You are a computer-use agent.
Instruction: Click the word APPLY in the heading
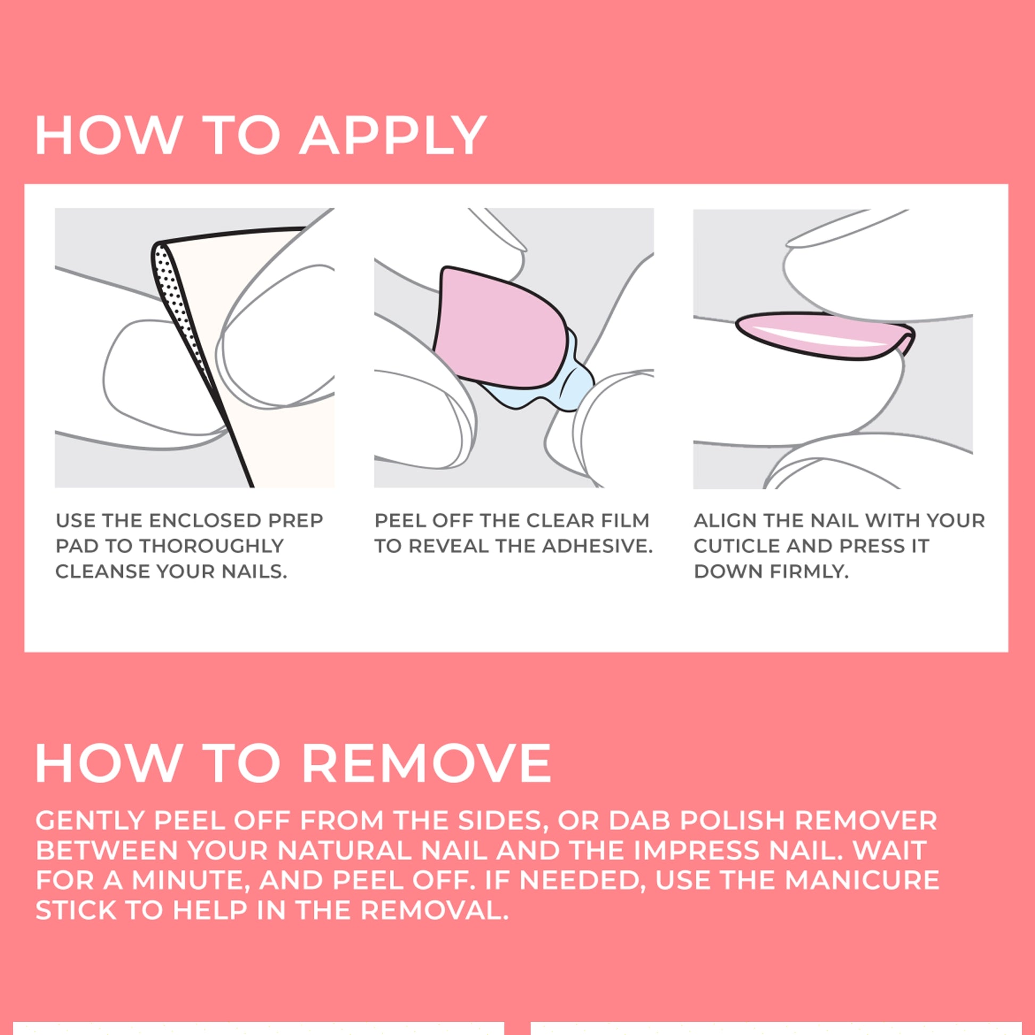click(393, 135)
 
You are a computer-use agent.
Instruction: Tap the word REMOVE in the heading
click(427, 763)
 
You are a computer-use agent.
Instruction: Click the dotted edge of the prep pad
click(179, 311)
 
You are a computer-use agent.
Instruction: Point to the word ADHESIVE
click(597, 546)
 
